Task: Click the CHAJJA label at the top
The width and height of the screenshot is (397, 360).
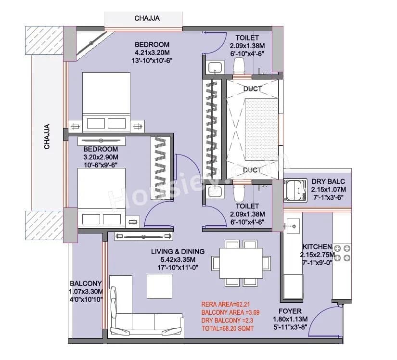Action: click(147, 19)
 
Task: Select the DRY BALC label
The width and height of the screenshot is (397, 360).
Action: click(328, 181)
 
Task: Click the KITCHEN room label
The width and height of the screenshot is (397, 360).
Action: click(316, 246)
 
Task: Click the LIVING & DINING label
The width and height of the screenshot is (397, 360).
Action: click(178, 251)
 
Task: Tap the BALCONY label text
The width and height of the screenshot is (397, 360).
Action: click(86, 283)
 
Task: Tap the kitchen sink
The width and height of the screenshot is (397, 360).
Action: click(292, 225)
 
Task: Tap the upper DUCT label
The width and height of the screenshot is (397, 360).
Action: click(252, 89)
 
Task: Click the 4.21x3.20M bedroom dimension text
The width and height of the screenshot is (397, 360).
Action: click(152, 53)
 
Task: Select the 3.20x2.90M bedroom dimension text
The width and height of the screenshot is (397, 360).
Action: click(101, 157)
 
